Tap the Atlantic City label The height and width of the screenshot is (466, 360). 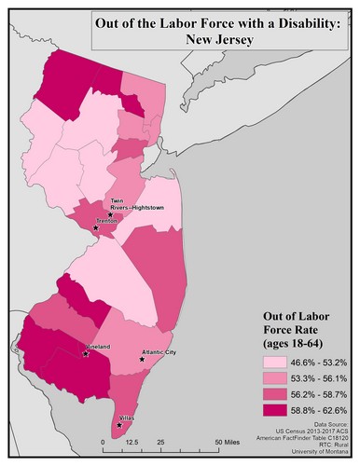click(159, 352)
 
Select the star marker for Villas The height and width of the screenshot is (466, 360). click(118, 425)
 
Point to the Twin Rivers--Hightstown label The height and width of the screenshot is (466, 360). click(130, 207)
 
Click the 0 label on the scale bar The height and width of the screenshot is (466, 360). click(103, 442)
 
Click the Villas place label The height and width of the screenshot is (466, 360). click(128, 418)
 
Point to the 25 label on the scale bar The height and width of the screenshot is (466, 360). click(160, 442)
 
